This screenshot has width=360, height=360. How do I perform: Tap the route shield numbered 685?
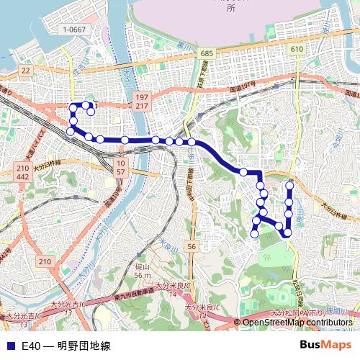207,55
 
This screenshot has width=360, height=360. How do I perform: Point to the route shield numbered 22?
26,70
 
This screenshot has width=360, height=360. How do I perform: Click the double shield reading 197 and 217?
141,102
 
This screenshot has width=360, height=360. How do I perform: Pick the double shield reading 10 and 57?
121,168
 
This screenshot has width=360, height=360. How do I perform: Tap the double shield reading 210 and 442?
22,173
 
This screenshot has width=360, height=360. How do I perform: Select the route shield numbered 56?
191,246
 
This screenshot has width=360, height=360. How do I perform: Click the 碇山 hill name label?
141,267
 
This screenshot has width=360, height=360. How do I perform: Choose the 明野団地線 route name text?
84,346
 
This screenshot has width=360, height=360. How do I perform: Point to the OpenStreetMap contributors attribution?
298,322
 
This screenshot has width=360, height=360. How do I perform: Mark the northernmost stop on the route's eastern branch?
290,186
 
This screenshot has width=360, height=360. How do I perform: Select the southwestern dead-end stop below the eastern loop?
254,233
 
